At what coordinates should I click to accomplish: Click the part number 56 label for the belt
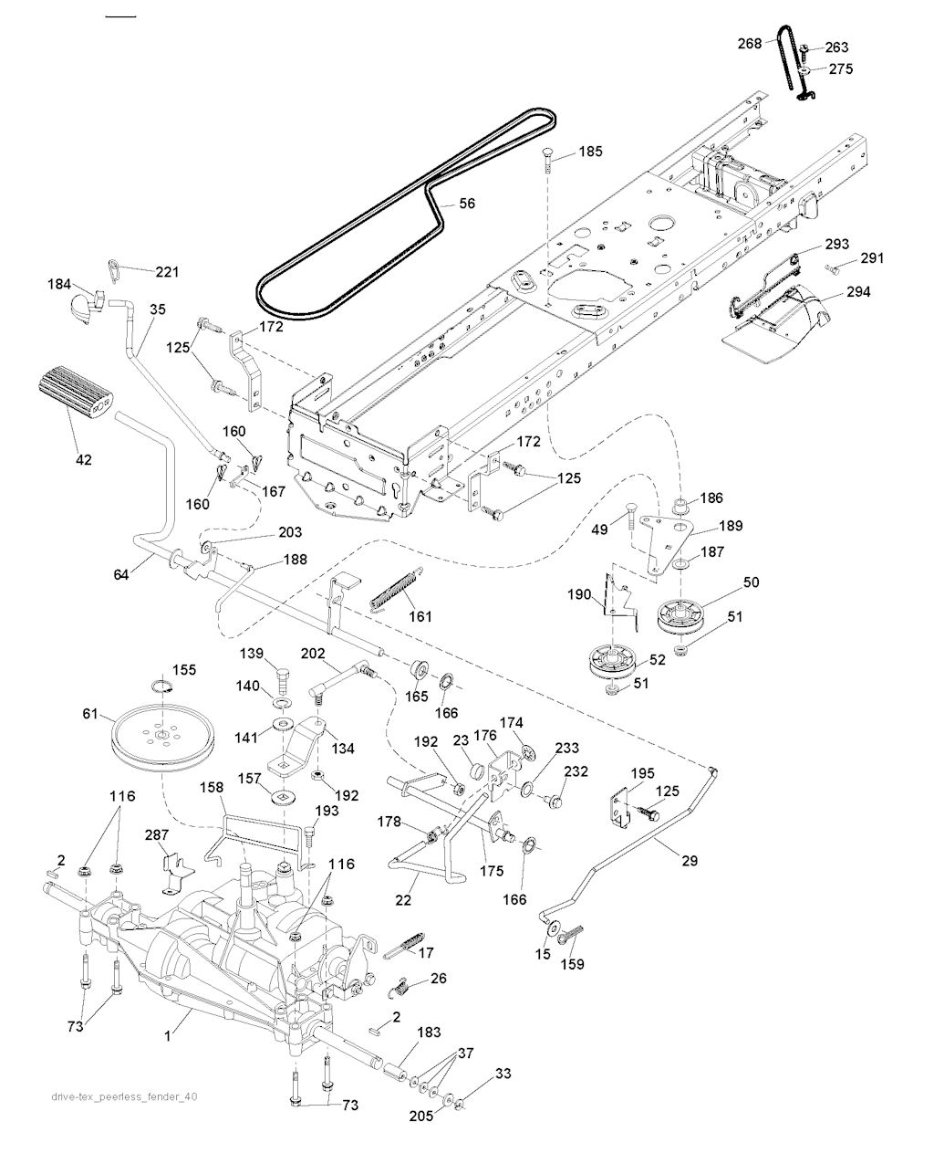click(x=466, y=204)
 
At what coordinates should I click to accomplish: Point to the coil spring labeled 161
click(x=398, y=590)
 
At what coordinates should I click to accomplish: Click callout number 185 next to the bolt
click(x=590, y=152)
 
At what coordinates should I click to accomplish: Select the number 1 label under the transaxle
click(x=166, y=1036)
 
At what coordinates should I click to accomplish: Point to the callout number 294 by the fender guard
click(x=858, y=292)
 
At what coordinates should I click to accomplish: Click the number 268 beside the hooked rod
click(x=750, y=43)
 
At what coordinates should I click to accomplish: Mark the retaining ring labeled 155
click(x=161, y=687)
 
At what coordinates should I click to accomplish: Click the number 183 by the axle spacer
click(x=429, y=1032)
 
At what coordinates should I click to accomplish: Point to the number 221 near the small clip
click(x=167, y=271)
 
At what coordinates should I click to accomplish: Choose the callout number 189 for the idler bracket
click(x=730, y=526)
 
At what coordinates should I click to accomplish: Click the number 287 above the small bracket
click(x=157, y=834)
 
